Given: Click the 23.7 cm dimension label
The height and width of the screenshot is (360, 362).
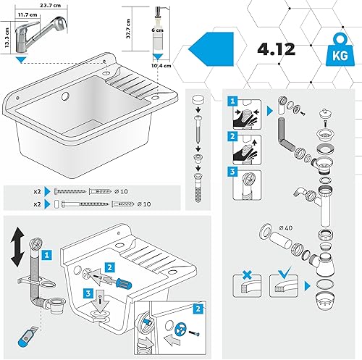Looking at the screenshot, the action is point(50,5).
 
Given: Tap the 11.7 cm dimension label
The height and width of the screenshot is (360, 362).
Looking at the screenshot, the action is point(28,14).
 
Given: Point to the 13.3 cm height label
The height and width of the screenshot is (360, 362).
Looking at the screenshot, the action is point(7,38).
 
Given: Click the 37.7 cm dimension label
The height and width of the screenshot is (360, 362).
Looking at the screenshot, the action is point(128,28).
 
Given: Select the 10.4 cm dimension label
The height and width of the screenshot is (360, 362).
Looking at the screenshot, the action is point(161,65).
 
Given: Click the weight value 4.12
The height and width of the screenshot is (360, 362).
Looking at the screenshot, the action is point(277,49).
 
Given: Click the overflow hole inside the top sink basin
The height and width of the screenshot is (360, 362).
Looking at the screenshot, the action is point(65,96).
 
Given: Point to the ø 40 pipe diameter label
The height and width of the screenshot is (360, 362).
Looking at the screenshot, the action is point(285,227).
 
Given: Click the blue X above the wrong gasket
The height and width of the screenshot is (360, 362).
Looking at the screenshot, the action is point(247,275).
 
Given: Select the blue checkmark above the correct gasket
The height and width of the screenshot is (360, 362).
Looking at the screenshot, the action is point(285,273).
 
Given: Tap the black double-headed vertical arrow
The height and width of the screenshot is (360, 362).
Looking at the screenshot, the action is point(17,247).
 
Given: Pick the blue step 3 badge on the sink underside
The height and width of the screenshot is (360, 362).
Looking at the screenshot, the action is point(88,293).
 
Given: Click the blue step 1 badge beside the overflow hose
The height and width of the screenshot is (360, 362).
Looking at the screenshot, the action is point(47,255).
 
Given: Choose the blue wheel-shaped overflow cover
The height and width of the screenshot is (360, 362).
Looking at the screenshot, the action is point(181,329).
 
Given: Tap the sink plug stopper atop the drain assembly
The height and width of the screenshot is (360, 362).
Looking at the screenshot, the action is point(326,113).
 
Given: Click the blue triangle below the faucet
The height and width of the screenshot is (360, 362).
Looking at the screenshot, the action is point(22,60).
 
